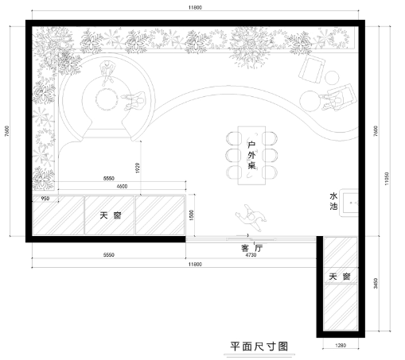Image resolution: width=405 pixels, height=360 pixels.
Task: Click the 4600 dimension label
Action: pos(122,186)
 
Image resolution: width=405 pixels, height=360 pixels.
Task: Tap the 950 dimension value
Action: pos(45,197)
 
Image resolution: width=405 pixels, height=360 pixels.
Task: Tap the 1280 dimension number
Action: pos(340,346)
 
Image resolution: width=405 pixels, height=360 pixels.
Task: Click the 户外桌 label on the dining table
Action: pos(251,155)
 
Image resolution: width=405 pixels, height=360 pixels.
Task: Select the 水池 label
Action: pos(333,201)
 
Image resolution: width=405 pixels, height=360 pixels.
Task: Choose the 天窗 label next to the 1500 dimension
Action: pos(111,216)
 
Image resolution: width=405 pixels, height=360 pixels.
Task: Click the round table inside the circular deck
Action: pos(107,99)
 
